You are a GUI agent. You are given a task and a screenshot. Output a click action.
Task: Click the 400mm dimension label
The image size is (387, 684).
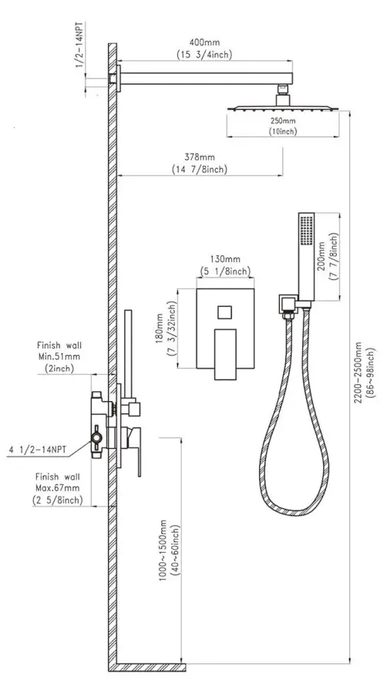click(204, 42)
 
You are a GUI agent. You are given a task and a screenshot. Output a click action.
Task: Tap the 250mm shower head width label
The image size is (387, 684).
click(283, 121)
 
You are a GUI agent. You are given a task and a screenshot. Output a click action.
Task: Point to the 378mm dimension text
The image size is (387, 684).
click(200, 157)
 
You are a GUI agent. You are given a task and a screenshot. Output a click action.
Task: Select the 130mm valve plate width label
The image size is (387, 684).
click(225, 260)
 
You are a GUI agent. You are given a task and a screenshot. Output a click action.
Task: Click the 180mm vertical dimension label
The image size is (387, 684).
click(160, 329)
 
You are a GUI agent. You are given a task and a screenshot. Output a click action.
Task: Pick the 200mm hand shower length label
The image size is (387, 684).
click(321, 256)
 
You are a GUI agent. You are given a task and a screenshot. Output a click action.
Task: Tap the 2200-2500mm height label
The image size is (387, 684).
click(358, 372)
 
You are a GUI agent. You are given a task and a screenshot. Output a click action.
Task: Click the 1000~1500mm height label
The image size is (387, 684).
click(163, 550)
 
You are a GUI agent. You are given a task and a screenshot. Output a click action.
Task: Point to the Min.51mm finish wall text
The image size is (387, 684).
click(59, 356)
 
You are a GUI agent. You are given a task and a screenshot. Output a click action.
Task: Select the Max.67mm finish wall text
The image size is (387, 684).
click(58, 488)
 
